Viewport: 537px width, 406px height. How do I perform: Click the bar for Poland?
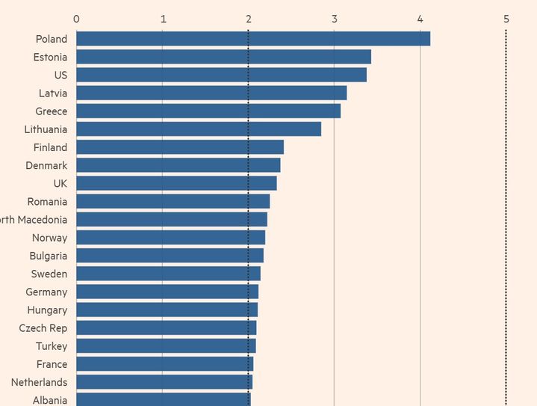[253, 39]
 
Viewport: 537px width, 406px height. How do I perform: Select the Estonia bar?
[223, 57]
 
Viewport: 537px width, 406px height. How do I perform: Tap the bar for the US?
[221, 75]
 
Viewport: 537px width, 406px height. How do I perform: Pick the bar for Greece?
[208, 111]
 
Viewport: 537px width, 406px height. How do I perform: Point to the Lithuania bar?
[199, 129]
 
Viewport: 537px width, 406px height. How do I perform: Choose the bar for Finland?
[180, 147]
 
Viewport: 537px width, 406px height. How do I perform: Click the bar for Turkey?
[166, 345]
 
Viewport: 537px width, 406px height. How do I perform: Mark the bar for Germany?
[167, 292]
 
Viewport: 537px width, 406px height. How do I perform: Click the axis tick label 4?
[420, 18]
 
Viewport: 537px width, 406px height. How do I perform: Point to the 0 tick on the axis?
[76, 18]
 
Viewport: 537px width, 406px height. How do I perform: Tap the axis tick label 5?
[506, 18]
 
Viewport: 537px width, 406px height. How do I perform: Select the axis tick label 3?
[335, 18]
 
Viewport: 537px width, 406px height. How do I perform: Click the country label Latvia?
[53, 93]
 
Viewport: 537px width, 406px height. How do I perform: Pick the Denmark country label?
[46, 165]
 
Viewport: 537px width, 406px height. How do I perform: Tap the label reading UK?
[60, 183]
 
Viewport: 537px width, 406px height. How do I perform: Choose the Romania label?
[47, 201]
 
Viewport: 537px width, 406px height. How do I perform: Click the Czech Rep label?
[43, 328]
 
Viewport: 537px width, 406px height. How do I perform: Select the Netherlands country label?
[39, 382]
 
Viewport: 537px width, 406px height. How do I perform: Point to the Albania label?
[49, 400]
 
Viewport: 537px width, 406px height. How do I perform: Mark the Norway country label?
[49, 238]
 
